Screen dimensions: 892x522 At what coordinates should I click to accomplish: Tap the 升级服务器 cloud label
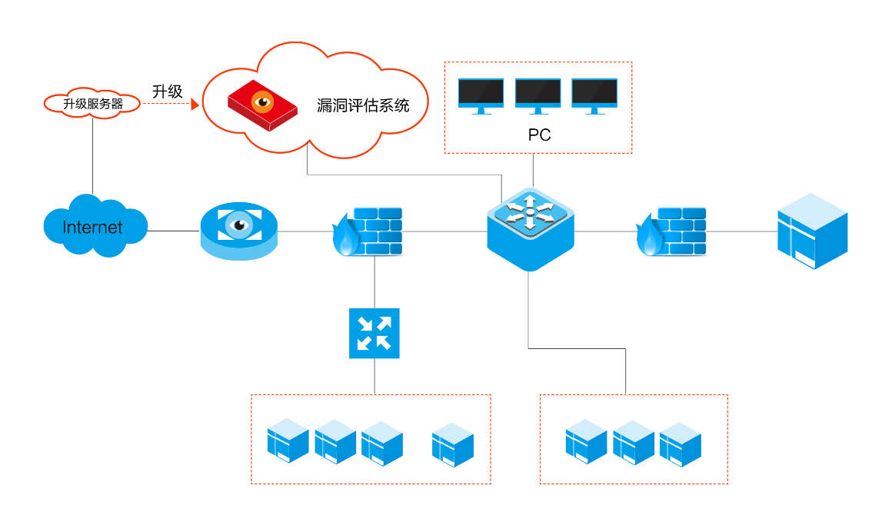pyautogui.click(x=93, y=104)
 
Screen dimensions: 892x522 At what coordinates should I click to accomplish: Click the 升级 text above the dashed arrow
pyautogui.click(x=168, y=91)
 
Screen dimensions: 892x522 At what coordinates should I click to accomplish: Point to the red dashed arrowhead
pyautogui.click(x=195, y=104)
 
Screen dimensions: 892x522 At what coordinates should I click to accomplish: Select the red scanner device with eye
pyautogui.click(x=262, y=106)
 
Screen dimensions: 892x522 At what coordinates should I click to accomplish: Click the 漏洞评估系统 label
pyautogui.click(x=363, y=105)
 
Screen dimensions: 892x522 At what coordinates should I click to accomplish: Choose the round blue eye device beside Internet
pyautogui.click(x=239, y=231)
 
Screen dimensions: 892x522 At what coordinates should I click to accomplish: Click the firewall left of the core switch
pyautogui.click(x=368, y=231)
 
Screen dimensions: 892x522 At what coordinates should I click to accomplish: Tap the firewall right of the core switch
pyautogui.click(x=671, y=231)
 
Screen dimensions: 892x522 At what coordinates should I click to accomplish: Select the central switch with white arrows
pyautogui.click(x=530, y=229)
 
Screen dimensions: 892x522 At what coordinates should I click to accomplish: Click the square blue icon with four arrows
pyautogui.click(x=374, y=333)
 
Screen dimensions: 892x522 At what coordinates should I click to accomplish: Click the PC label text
pyautogui.click(x=539, y=135)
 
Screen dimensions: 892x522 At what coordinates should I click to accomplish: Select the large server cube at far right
pyautogui.click(x=812, y=231)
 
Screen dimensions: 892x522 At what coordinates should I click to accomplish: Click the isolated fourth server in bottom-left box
pyautogui.click(x=453, y=444)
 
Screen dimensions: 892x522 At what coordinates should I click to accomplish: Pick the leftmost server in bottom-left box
pyautogui.click(x=288, y=441)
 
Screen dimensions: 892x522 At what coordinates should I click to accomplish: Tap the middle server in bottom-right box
pyautogui.click(x=633, y=443)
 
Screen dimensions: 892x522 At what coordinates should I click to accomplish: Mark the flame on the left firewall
pyautogui.click(x=345, y=235)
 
